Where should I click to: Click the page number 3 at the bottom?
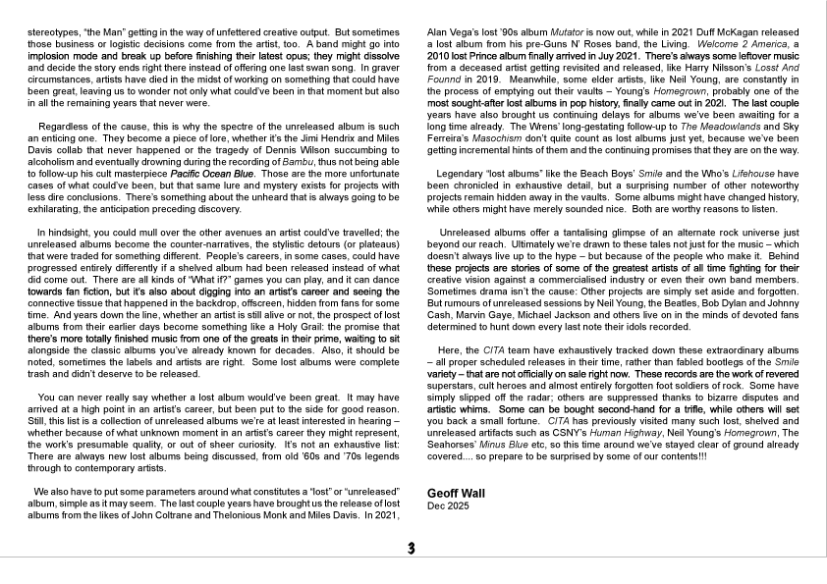(x=413, y=549)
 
